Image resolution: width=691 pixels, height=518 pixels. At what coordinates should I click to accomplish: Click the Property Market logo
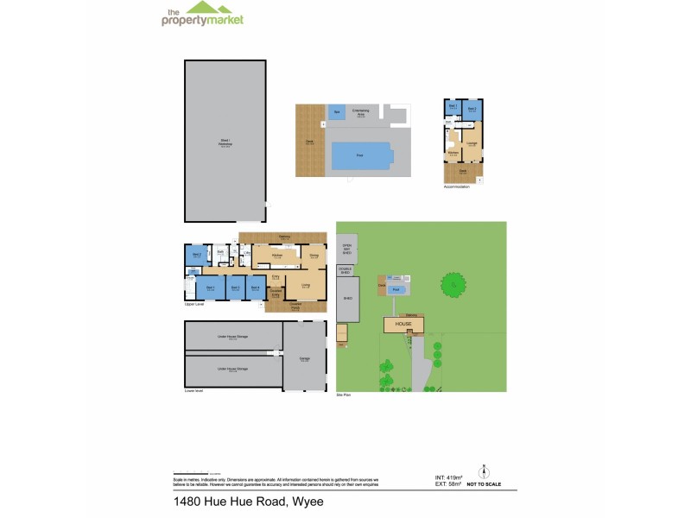[202, 15]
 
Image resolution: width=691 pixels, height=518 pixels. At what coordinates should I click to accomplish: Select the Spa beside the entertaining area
[336, 112]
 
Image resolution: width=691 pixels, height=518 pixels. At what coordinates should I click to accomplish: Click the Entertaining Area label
[362, 111]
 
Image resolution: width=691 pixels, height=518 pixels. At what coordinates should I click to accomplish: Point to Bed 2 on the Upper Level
[196, 255]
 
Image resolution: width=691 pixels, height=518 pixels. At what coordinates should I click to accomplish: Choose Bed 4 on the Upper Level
[256, 287]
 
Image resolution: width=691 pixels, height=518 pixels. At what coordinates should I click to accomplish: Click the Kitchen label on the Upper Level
[278, 256]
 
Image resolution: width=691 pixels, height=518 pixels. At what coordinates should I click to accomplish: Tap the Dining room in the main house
[314, 256]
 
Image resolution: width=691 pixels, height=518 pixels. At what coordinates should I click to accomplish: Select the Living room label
[306, 284]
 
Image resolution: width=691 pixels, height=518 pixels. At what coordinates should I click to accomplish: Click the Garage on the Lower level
[304, 357]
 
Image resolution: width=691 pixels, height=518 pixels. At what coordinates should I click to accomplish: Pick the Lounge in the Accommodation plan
[472, 143]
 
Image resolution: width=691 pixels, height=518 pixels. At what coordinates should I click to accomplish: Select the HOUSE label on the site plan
[404, 324]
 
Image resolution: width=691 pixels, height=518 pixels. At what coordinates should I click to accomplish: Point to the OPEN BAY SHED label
[347, 250]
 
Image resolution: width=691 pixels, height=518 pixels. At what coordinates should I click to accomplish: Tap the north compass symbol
[483, 471]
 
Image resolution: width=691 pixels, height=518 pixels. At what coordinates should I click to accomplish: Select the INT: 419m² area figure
[449, 477]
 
